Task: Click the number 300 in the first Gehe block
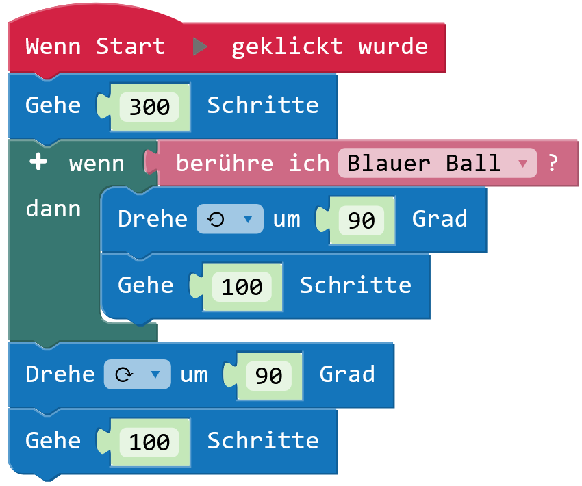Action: [149, 106]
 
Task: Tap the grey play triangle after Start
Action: [199, 47]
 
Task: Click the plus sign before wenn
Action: [38, 163]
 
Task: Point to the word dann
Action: [53, 208]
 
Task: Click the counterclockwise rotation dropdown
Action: [229, 219]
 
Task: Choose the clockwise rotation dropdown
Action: [137, 374]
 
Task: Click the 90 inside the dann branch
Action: [361, 220]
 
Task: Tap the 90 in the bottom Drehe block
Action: [268, 376]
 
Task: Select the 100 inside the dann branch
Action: [242, 287]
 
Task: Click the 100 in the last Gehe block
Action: [149, 442]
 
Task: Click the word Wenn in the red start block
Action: [53, 47]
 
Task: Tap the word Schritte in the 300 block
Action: [263, 105]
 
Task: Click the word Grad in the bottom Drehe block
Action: [347, 374]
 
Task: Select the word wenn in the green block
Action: [97, 164]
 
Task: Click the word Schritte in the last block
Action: [263, 440]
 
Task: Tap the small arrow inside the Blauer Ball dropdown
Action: [522, 164]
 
